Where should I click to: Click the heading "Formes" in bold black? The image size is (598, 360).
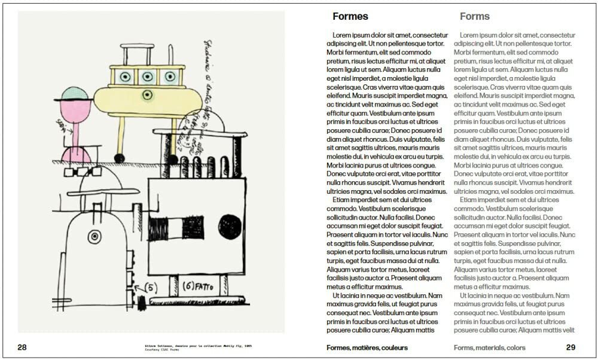coord(350,17)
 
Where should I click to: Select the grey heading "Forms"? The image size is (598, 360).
coord(475,17)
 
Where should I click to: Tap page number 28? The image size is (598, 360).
coord(22,347)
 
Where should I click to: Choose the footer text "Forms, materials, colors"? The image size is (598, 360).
coord(489,347)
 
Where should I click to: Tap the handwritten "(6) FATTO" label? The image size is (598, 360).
coord(199,286)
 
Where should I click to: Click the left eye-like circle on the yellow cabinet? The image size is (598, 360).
coord(125,76)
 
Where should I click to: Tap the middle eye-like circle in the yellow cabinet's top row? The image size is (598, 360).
coord(147,76)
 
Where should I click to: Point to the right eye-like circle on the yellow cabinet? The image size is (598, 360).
coord(167,76)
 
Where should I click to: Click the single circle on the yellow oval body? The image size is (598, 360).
coord(147,95)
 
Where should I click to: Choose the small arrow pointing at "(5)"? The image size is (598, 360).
coord(139,292)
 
